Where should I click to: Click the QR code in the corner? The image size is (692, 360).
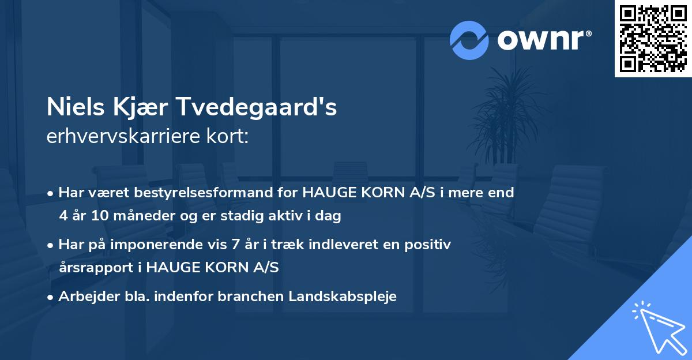click(x=653, y=39)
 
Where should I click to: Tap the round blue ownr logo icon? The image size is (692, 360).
click(x=469, y=40)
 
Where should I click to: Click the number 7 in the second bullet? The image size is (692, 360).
click(x=235, y=245)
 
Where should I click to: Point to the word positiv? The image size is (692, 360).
click(x=430, y=245)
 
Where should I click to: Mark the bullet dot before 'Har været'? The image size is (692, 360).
click(x=51, y=193)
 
